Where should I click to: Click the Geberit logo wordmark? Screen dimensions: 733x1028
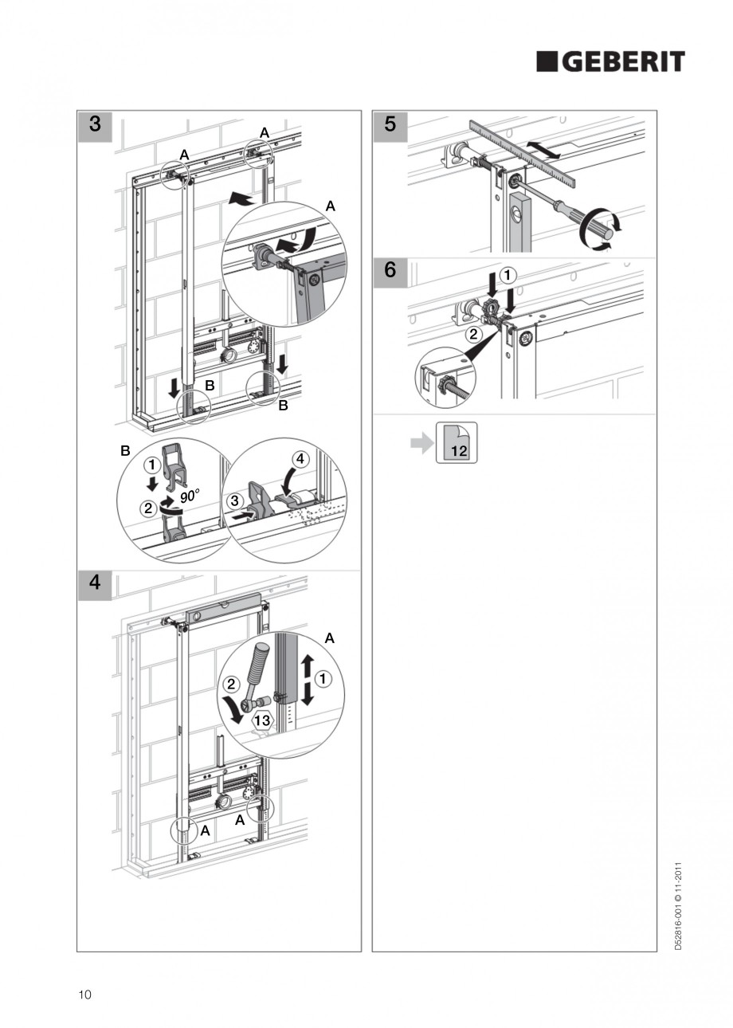[x=610, y=62]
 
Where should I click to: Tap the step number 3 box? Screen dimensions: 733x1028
[x=95, y=126]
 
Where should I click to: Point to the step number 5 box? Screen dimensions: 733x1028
[x=390, y=126]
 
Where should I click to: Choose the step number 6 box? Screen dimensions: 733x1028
[x=390, y=273]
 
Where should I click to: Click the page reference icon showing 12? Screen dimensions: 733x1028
[x=457, y=442]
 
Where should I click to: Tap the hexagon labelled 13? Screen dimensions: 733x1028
[x=262, y=720]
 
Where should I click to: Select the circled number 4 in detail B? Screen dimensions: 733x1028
[x=300, y=459]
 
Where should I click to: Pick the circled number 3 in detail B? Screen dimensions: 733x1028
[x=235, y=500]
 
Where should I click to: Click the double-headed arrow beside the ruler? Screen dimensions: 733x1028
[x=543, y=151]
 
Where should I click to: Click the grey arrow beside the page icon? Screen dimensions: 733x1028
[x=421, y=443]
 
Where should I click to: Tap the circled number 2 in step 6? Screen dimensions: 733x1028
[x=474, y=334]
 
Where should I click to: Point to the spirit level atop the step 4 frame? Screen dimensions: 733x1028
[x=223, y=609]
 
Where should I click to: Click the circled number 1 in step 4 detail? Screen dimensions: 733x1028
[x=323, y=679]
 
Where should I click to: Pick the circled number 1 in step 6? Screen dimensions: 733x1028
[x=507, y=276]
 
